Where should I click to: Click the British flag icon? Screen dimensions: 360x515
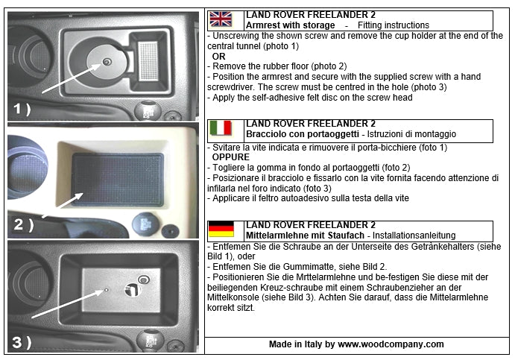[x=221, y=19]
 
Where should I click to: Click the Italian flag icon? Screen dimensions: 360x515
[x=221, y=127]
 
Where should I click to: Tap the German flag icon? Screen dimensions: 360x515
[x=221, y=229]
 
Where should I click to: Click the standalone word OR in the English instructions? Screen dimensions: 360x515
[x=219, y=56]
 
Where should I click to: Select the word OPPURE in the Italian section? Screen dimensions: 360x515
[x=230, y=157]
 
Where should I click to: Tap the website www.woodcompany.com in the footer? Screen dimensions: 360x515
[x=391, y=344]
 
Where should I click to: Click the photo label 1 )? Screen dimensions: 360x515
[x=22, y=109]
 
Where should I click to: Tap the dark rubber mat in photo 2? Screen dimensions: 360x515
[x=118, y=178]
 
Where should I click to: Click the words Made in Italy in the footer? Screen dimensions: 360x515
[x=296, y=344]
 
